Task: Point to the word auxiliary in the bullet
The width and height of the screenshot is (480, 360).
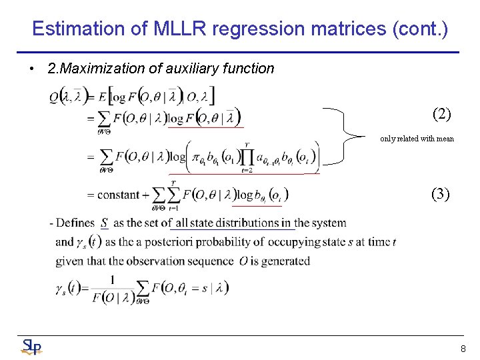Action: pos(191,68)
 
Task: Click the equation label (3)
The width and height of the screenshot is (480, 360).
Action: pos(441,194)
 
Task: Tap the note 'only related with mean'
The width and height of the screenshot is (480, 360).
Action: pos(417,139)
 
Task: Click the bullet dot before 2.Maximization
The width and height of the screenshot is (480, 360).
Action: pos(32,68)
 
